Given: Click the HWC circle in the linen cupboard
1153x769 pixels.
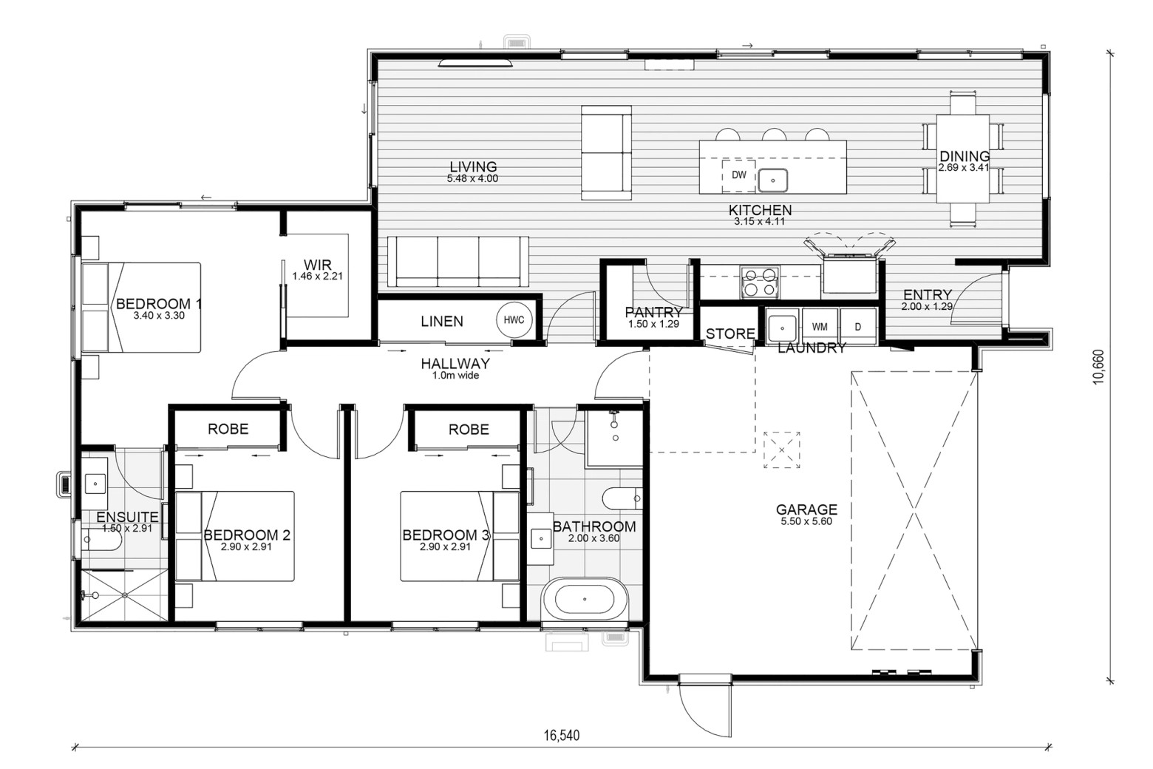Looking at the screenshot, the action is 514,320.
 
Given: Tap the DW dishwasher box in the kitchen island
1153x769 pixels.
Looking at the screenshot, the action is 738,175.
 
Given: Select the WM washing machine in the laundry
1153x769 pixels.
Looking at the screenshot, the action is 820,327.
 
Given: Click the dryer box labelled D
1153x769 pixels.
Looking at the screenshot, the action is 857,327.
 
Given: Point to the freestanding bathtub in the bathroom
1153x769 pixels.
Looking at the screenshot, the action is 585,599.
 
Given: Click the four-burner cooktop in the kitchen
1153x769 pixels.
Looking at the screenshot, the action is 759,282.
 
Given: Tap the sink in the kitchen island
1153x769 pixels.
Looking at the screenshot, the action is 772,180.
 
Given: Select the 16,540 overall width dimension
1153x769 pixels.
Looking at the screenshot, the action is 562,735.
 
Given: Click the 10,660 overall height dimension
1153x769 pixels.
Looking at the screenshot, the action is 1098,367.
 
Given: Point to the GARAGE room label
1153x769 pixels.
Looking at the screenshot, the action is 806,509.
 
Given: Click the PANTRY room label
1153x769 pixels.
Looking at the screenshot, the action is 653,312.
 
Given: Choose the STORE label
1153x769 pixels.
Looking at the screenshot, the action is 730,333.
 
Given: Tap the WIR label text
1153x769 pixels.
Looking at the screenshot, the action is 318,265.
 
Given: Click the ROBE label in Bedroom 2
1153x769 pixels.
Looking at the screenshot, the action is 228,429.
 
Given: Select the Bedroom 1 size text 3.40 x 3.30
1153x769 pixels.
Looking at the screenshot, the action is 159,316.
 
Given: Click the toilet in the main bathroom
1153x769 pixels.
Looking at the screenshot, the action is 622,498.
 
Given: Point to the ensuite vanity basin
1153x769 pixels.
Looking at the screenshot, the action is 95,484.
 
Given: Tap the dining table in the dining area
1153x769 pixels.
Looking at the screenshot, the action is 962,159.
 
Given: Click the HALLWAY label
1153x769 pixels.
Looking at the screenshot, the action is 455,364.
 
